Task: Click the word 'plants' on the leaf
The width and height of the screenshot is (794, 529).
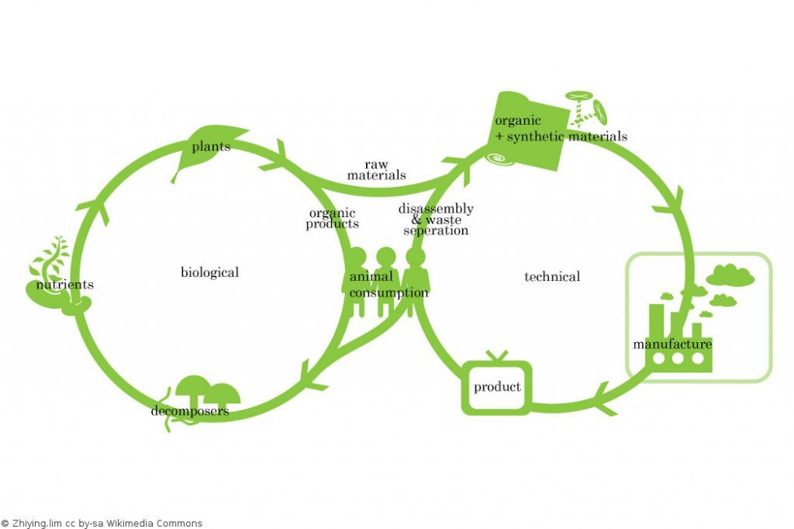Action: click(x=211, y=147)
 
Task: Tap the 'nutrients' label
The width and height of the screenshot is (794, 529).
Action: click(x=65, y=285)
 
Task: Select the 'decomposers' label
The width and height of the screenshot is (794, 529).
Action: click(x=190, y=411)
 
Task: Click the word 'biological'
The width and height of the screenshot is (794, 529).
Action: click(x=209, y=272)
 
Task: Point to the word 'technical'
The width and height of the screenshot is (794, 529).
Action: click(x=552, y=276)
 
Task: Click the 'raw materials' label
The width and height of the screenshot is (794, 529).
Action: click(x=376, y=170)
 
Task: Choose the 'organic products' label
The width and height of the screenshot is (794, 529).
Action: click(x=332, y=219)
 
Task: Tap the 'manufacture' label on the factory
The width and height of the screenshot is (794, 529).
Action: click(x=672, y=344)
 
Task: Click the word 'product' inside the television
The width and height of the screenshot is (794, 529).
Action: click(x=497, y=387)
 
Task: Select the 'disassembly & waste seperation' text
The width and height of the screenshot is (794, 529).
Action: click(x=436, y=220)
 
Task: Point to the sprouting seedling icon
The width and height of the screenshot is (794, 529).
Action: click(x=48, y=264)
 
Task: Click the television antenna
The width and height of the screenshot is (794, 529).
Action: click(x=496, y=356)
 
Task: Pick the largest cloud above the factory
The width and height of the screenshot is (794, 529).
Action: click(x=730, y=275)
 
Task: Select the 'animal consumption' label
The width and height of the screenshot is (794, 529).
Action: click(x=388, y=285)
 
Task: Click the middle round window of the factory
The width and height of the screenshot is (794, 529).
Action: click(x=678, y=359)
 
